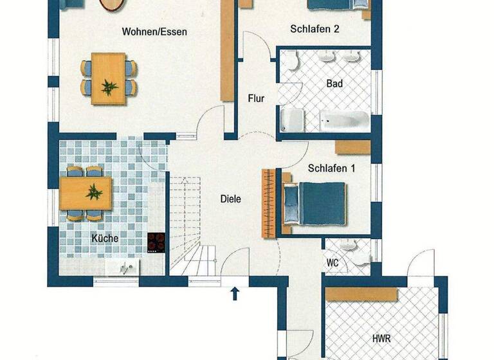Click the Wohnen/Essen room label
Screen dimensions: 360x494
[x=155, y=31]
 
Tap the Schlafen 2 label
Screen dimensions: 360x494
[x=315, y=28]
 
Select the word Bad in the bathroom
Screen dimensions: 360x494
[x=334, y=84]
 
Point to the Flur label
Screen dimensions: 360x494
[x=257, y=98]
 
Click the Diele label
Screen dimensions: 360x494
[x=230, y=199]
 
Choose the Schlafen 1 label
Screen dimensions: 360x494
[x=333, y=168]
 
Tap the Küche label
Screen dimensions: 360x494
[x=104, y=238]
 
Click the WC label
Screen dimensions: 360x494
[x=333, y=263]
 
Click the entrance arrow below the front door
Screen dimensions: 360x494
[x=235, y=294]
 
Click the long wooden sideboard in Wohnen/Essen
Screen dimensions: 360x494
[x=226, y=50]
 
